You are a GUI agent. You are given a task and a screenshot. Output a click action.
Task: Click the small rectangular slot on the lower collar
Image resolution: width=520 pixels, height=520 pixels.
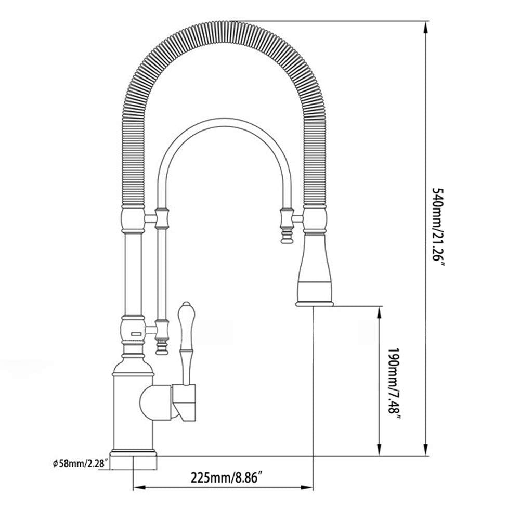[135, 333]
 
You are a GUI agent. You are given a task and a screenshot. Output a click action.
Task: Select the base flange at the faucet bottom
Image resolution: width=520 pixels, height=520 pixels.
[134, 454]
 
